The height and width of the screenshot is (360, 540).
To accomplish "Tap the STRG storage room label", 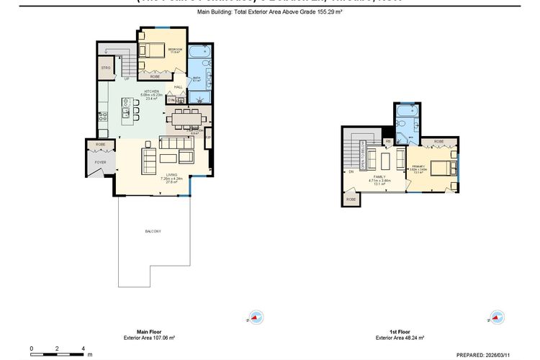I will [106, 69].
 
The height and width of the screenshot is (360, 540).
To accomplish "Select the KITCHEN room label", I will [151, 91].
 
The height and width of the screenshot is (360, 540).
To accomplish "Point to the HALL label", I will [178, 87].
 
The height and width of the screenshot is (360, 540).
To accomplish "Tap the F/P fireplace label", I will [208, 137].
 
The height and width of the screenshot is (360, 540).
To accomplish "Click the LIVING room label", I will [172, 174].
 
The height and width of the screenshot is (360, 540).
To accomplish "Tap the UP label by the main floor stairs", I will [127, 79].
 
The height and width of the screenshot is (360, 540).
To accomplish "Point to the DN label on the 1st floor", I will [351, 171].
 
